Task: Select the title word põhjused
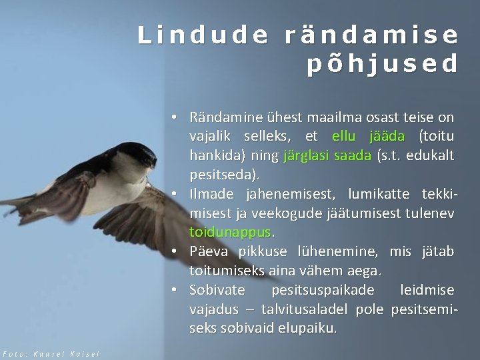[383, 64]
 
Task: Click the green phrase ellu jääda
[368, 137]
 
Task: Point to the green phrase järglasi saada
[327, 157]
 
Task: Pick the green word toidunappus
[231, 233]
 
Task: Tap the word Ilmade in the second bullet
[211, 195]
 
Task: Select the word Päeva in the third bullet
[210, 252]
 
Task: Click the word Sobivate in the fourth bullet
[217, 291]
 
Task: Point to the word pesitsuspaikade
[323, 291]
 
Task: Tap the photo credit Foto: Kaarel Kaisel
[50, 353]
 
